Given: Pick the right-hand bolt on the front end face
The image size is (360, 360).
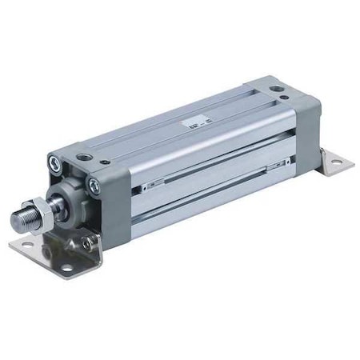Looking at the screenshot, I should tap(94, 186).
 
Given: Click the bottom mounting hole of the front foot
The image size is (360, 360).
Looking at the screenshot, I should tap(68, 265).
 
